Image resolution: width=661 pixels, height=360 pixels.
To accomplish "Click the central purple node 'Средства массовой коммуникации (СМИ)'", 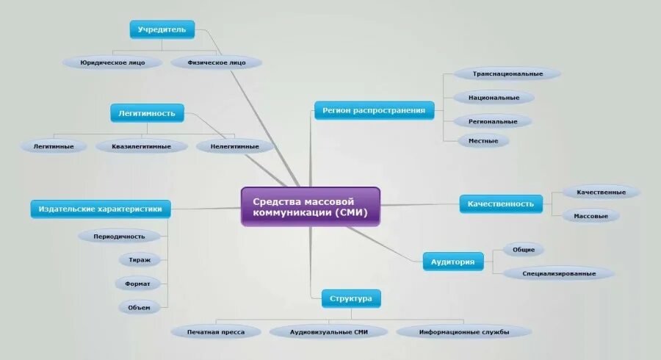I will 311,206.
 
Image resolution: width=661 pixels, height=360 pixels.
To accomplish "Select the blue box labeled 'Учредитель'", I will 162,30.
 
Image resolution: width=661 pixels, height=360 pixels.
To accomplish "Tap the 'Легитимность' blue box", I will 147,113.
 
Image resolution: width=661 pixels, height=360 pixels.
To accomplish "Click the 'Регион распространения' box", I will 374,111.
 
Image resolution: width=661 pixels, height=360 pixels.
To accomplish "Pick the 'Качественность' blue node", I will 501,204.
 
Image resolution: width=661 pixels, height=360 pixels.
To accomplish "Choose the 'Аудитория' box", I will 453,262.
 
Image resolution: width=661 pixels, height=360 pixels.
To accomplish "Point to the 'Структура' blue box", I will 351,298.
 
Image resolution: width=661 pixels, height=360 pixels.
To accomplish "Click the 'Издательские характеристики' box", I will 101,209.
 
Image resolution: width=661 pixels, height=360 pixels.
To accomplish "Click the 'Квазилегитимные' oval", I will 142,146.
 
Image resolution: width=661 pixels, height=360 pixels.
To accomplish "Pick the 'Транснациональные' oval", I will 508,73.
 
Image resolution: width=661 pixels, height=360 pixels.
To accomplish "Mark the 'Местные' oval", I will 483,140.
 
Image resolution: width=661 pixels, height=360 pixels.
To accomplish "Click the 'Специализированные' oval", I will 559,273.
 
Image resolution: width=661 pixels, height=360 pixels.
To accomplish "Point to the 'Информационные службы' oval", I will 464,332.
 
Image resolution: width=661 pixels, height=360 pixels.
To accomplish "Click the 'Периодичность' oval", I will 119,237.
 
